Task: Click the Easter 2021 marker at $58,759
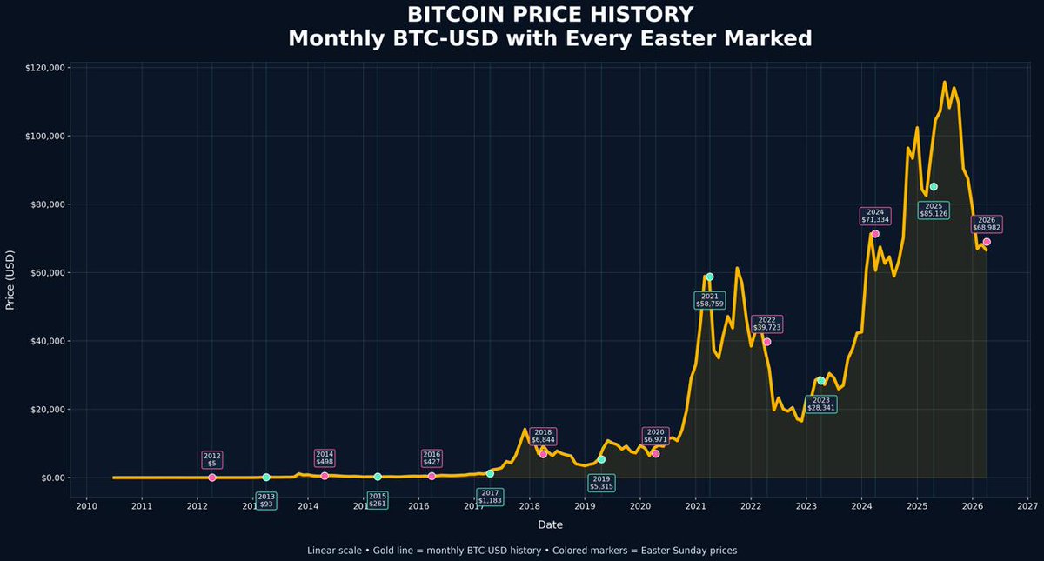[x=709, y=277]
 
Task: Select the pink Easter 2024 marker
[x=875, y=234]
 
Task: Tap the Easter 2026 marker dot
[x=987, y=242]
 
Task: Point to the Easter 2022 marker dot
[x=766, y=342]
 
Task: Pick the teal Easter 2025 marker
[x=934, y=187]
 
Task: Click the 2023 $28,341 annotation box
[x=820, y=404]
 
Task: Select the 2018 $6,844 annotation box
[x=543, y=437]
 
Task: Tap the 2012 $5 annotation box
[x=212, y=459]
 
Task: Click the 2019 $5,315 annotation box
[x=600, y=483]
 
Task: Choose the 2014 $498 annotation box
[x=325, y=457]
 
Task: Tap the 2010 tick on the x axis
[x=86, y=504]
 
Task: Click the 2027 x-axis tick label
[x=1027, y=504]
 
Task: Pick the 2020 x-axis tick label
[x=639, y=504]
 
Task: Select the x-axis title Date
[x=550, y=524]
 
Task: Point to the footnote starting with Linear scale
[x=522, y=551]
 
